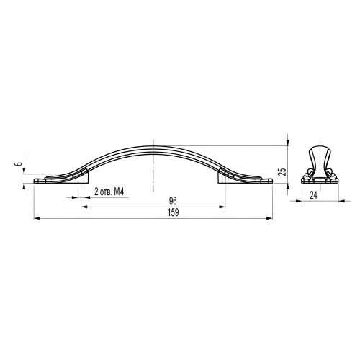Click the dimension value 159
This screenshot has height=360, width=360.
[174, 212]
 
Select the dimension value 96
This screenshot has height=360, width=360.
[173, 201]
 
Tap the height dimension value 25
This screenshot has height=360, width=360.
[283, 171]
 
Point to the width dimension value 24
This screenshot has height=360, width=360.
[313, 195]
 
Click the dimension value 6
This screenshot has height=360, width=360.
[19, 164]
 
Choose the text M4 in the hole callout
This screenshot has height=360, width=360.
[118, 192]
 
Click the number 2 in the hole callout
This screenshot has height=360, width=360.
[96, 192]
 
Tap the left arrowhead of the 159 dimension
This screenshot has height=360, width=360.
[37, 218]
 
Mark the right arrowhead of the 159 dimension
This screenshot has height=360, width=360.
[270, 218]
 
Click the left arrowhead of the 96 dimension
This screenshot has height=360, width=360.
[84, 207]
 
